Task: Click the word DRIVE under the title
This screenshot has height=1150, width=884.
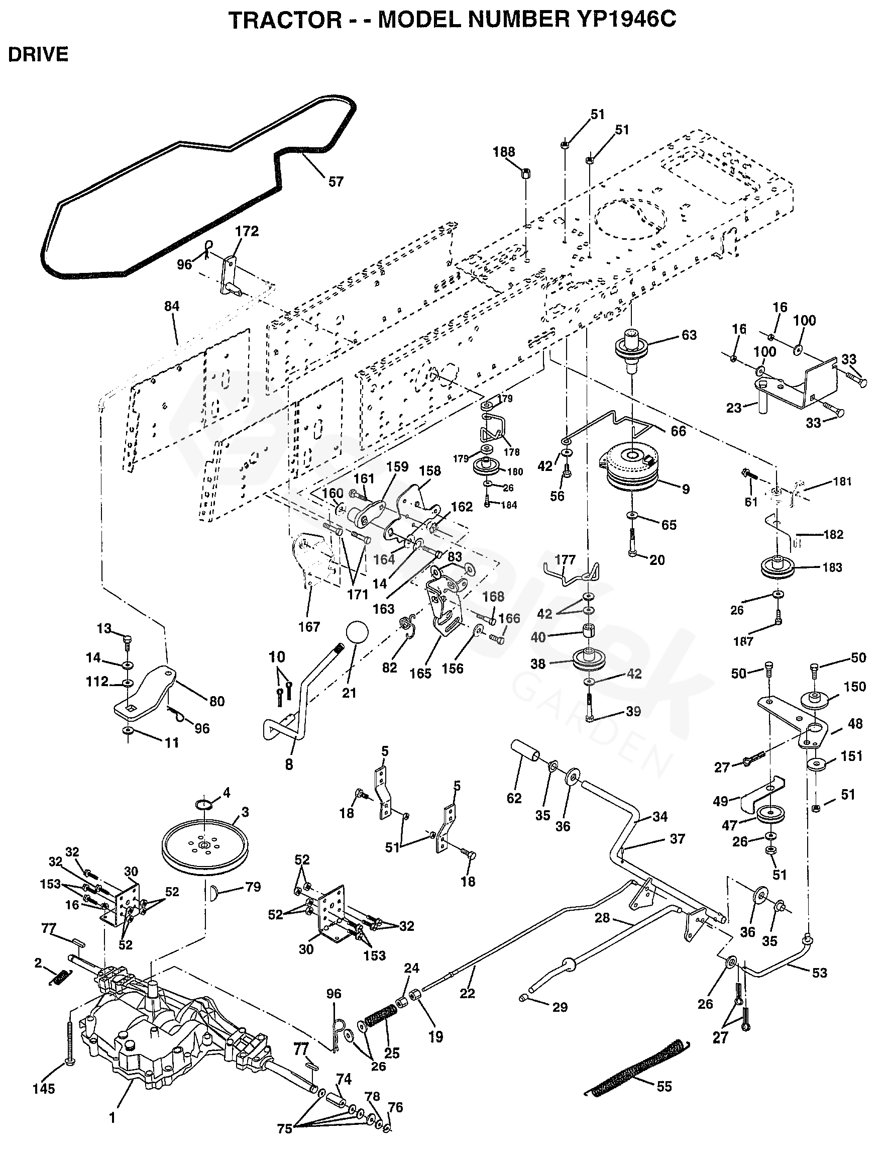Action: [38, 54]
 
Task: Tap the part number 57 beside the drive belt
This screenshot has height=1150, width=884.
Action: [335, 181]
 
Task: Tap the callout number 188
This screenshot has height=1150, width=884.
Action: [504, 152]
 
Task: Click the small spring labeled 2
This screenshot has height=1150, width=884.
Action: [60, 978]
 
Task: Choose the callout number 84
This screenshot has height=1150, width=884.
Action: [172, 307]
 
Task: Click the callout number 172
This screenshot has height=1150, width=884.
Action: [247, 232]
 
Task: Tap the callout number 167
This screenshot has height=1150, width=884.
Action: [309, 627]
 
